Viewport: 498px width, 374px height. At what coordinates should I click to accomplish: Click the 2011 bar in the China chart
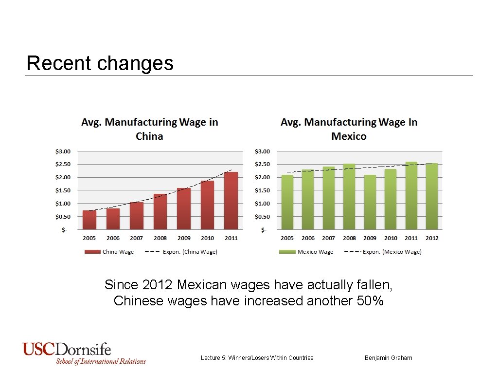[231, 200]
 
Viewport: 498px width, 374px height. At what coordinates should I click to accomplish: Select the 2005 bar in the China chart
[89, 220]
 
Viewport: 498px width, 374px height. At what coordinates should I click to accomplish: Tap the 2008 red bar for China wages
[160, 211]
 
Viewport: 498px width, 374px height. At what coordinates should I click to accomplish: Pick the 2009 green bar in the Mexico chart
[370, 202]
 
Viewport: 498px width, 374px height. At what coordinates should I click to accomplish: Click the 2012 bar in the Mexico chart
[432, 196]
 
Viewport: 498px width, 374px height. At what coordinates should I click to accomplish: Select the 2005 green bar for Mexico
[287, 202]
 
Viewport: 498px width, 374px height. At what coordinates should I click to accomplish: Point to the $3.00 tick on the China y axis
[62, 151]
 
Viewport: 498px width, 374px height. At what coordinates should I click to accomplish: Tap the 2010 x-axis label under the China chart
[207, 238]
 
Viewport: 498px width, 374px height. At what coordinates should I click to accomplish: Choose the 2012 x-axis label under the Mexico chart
[432, 238]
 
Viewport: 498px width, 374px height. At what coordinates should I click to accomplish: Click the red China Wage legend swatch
[92, 252]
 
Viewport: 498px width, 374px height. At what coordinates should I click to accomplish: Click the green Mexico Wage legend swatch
[287, 252]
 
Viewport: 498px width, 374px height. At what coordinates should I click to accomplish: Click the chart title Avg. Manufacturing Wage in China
[149, 129]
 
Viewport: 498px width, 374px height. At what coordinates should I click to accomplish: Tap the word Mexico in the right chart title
[349, 136]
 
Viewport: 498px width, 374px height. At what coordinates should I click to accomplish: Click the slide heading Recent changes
[100, 63]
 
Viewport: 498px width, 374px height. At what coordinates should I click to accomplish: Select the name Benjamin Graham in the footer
[388, 358]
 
